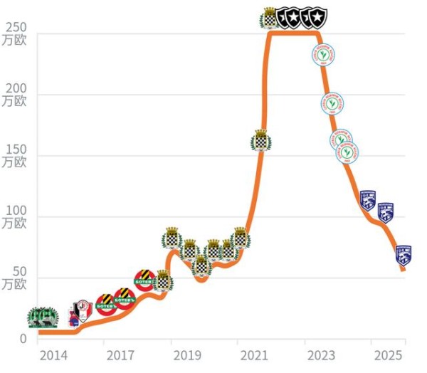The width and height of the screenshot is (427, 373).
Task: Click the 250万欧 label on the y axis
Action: tap(15, 33)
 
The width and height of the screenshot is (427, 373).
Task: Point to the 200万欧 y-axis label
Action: tap(15, 94)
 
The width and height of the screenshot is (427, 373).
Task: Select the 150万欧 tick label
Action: tap(15, 155)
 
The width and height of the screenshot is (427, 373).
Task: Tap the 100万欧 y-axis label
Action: tap(15, 216)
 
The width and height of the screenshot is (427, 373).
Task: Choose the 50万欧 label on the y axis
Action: tap(15, 278)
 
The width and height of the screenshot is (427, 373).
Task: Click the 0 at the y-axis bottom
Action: tap(22, 339)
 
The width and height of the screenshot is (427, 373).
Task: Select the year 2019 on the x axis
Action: tap(187, 355)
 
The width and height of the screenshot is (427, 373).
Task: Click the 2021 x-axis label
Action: tap(254, 355)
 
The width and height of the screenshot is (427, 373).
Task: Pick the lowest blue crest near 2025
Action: tap(404, 256)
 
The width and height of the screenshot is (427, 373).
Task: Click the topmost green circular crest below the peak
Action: tap(325, 56)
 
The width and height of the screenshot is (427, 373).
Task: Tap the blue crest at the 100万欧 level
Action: tap(385, 212)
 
